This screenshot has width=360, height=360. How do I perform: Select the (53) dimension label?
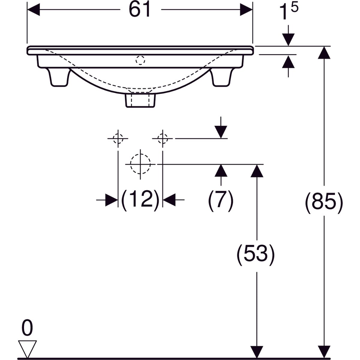point(256,255)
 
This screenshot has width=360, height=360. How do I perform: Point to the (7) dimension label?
point(221,201)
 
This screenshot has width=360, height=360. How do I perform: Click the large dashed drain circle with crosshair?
point(140,164)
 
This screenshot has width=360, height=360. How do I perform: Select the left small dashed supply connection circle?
point(118,138)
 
